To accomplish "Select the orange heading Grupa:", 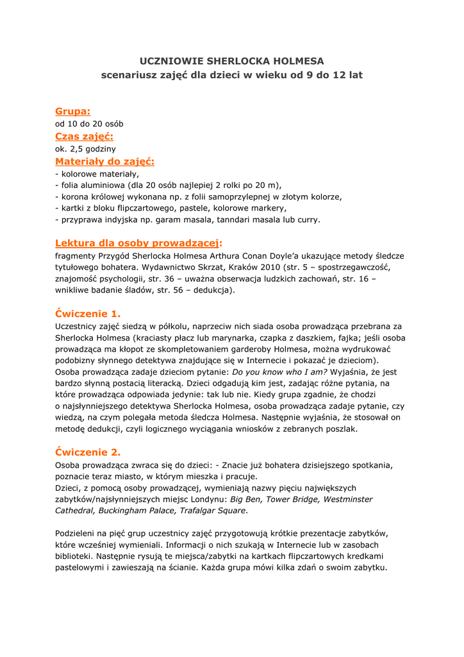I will tap(72, 112).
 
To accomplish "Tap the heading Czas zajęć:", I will tap(84, 136).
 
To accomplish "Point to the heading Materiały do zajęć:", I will tap(104, 161).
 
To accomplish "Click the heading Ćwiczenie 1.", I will tap(88, 314).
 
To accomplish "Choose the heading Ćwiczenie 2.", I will tap(88, 452).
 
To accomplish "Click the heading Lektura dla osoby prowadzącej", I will tap(137, 243).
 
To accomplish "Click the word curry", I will tap(308, 219).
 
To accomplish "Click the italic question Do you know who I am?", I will tap(279, 371).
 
